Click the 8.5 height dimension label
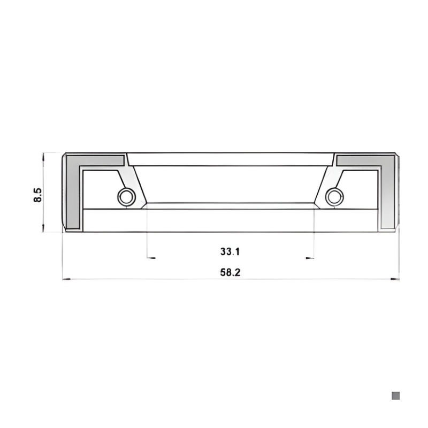pos(37,195)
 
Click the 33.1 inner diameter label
pos(230,251)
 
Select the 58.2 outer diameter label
pos(230,272)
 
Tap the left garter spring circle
pos(126,197)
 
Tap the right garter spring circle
pos(334,197)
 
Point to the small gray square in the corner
pos(395,395)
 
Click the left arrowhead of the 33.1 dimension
pos(151,258)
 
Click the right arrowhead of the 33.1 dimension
pos(310,258)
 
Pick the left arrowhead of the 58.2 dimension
pos(66,279)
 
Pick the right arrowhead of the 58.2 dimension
pos(395,279)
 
